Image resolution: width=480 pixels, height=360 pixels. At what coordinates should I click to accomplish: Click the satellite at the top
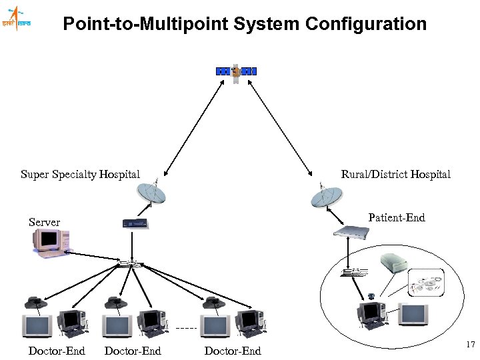(236, 71)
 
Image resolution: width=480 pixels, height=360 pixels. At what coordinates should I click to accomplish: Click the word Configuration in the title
(366, 25)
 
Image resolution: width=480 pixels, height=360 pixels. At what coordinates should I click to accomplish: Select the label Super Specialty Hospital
(80, 175)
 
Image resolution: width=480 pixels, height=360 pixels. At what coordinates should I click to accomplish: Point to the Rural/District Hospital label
(395, 175)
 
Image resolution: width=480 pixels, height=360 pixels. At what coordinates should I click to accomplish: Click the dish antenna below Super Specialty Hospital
(152, 193)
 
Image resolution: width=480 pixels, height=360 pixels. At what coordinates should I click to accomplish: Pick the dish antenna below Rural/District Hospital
(326, 196)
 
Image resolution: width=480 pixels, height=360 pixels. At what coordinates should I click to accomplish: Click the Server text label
(44, 222)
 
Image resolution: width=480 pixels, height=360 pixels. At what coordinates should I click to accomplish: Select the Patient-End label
(396, 218)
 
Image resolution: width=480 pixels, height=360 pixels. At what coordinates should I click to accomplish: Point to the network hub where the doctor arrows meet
(128, 264)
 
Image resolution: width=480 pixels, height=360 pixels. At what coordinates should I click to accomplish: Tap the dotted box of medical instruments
(427, 285)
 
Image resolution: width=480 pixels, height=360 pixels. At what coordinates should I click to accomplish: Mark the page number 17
(469, 345)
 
